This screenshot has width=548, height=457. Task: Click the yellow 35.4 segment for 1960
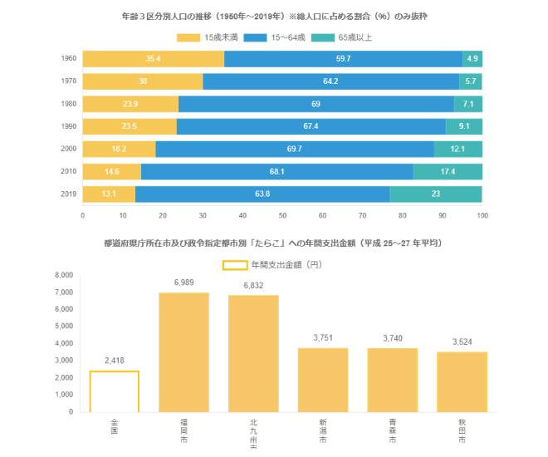point(153,59)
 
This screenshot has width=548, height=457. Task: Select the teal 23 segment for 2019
point(435,194)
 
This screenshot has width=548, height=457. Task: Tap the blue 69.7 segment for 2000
point(294,149)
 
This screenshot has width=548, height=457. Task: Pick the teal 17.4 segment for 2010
point(447,172)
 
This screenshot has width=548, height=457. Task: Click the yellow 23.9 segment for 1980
point(130,104)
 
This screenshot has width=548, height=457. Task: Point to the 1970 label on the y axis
point(69,81)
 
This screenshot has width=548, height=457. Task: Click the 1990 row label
point(69,126)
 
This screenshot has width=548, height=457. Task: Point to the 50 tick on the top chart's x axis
point(282,215)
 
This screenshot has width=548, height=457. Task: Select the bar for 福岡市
point(183,351)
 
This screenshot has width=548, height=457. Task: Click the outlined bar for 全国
point(115,391)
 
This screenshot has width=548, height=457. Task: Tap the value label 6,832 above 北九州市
point(253,285)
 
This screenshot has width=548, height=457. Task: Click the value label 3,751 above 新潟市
point(323,337)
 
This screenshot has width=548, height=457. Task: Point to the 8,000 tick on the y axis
point(64,275)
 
